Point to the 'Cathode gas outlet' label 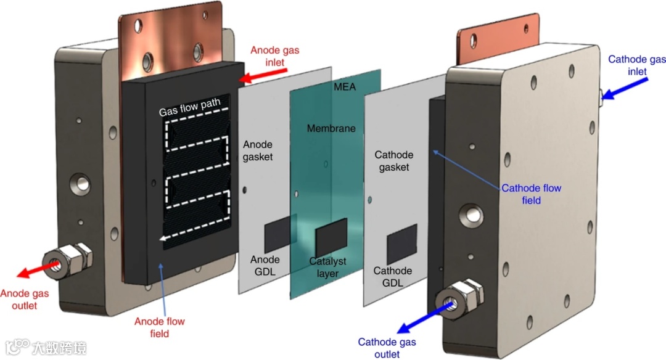[x=387, y=348]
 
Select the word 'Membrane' [x=332, y=128]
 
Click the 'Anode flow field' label [x=160, y=327]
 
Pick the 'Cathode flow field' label [x=531, y=194]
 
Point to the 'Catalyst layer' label [x=327, y=267]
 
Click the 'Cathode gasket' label [x=393, y=161]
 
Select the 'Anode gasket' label [x=258, y=150]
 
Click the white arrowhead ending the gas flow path [x=161, y=240]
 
